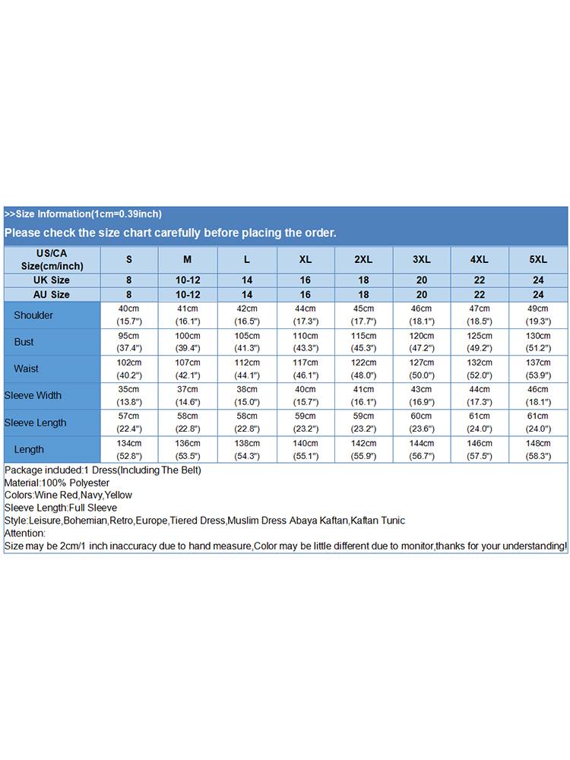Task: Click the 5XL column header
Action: click(538, 260)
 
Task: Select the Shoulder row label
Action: click(33, 315)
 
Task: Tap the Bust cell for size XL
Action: click(306, 342)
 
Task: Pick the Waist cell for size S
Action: click(128, 369)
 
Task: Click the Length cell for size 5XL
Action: click(538, 449)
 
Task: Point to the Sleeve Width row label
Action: click(33, 395)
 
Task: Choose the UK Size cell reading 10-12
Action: click(188, 280)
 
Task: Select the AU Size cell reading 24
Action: click(538, 294)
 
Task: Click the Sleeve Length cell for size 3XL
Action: click(422, 422)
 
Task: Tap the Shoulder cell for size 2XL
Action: click(364, 315)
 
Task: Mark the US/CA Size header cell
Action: click(52, 260)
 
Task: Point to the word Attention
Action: click(24, 534)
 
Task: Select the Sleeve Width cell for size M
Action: click(188, 395)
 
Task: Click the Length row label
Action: click(29, 449)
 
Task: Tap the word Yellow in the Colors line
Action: click(118, 496)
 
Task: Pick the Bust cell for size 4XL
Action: click(480, 342)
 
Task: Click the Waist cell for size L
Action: click(247, 369)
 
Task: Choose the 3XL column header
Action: click(422, 260)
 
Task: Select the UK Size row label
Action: click(52, 280)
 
